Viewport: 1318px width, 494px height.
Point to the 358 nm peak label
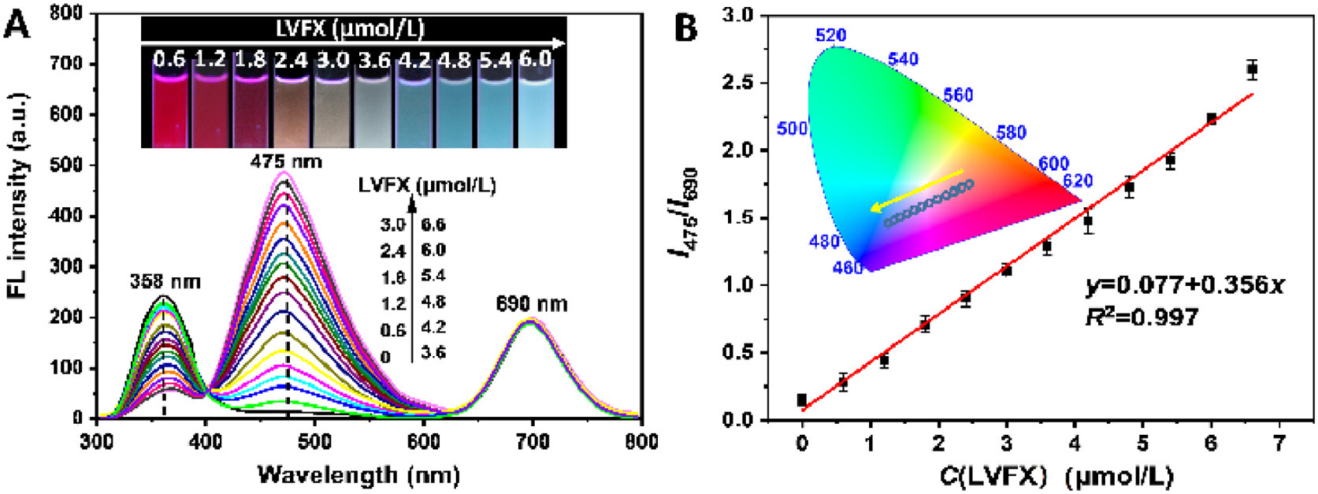coord(165,281)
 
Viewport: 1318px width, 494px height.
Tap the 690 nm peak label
coord(532,303)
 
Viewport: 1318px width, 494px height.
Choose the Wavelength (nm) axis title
coord(358,474)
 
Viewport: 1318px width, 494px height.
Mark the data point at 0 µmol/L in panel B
coord(802,400)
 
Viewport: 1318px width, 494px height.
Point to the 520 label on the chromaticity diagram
coord(831,35)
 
